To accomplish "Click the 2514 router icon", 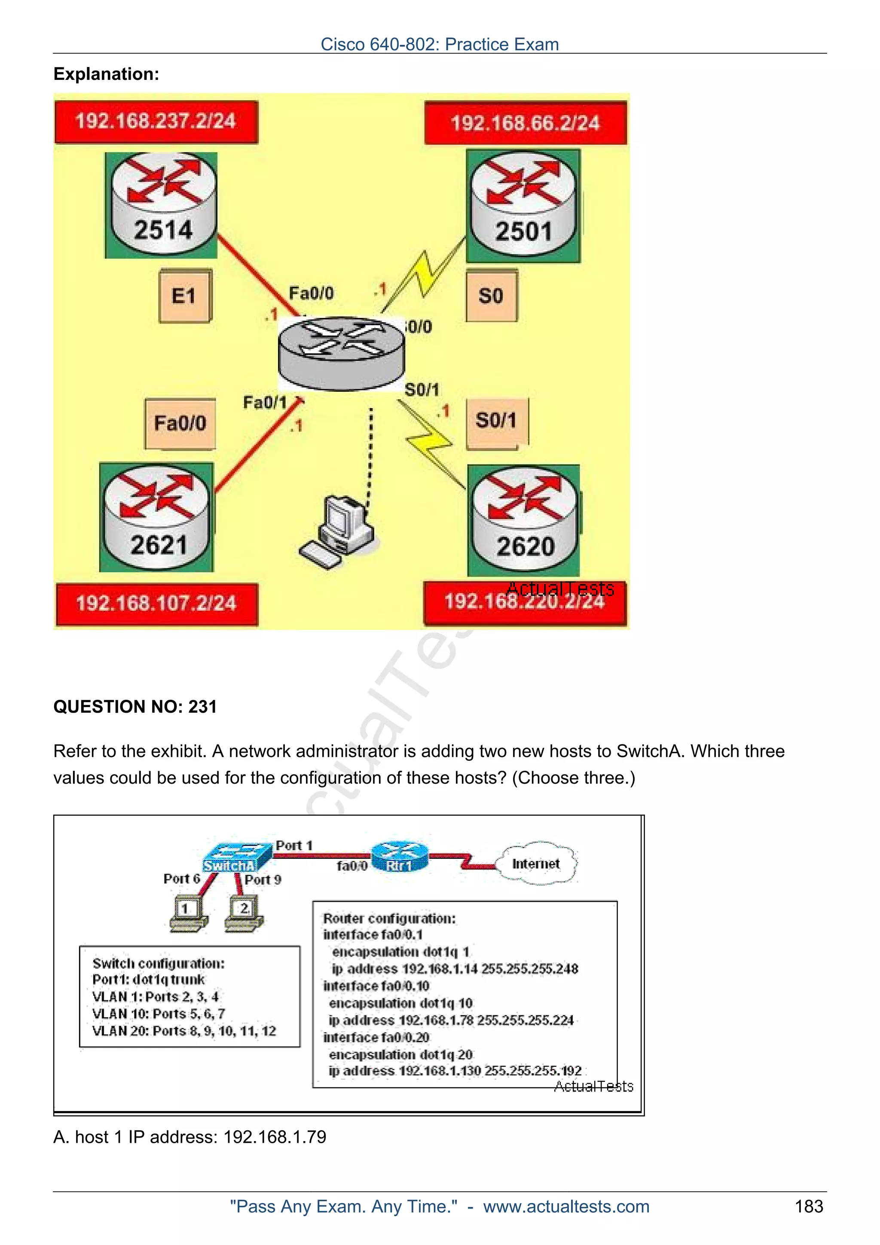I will click(x=162, y=204).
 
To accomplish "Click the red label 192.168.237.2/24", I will click(x=156, y=122).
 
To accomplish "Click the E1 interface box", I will click(x=184, y=296).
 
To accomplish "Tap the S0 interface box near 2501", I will click(x=491, y=296).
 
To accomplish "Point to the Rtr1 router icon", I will click(x=400, y=857).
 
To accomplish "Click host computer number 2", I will click(x=244, y=914).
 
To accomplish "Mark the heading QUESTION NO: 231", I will click(x=135, y=707).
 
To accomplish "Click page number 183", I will click(x=808, y=1206).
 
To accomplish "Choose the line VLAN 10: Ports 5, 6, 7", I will click(x=158, y=1013).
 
